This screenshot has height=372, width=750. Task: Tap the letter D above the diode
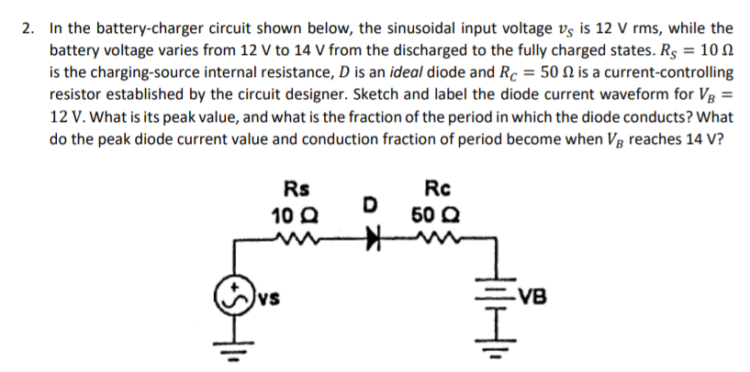coord(369,202)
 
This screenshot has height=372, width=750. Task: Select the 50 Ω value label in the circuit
coord(431,217)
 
